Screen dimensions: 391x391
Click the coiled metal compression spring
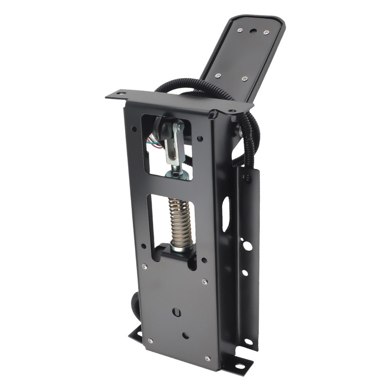(179, 221)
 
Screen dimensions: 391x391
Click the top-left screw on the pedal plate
(240, 30)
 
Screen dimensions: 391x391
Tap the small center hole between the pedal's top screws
(253, 30)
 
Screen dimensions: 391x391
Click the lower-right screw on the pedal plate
(245, 79)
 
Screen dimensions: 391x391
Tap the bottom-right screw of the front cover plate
(208, 358)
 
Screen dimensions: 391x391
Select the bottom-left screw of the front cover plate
(150, 341)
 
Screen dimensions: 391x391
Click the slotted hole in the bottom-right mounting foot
(239, 366)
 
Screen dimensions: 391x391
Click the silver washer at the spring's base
(181, 248)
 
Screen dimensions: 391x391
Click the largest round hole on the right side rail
(247, 246)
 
